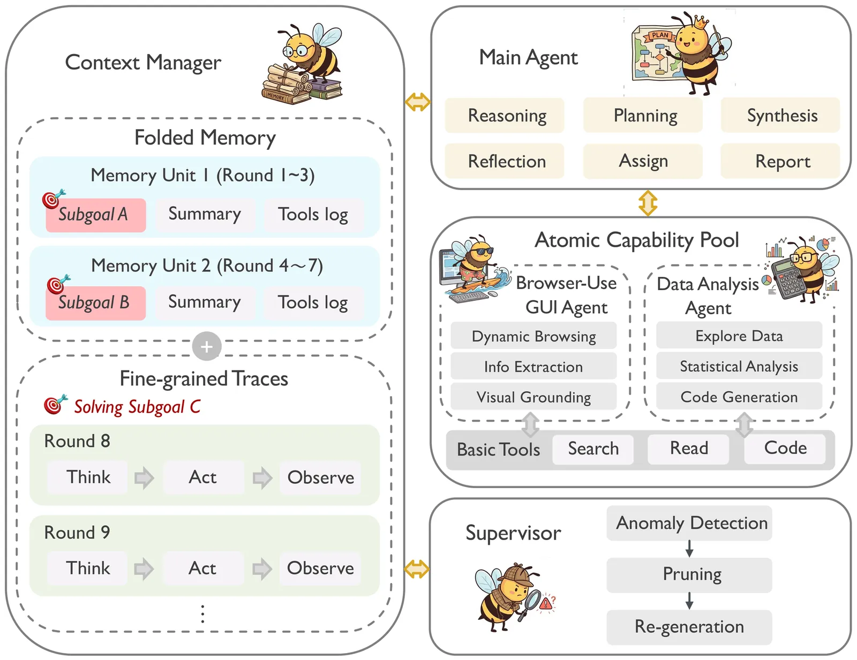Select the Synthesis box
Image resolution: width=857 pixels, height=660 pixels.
coord(780,116)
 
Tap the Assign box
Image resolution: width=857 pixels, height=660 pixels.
coord(643,161)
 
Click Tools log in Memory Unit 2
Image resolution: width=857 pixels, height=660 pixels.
coord(313,302)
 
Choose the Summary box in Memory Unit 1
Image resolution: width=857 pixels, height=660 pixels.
coord(205,214)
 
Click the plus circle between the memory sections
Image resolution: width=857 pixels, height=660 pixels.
coord(207,347)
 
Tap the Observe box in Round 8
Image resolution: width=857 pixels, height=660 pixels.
coord(320,477)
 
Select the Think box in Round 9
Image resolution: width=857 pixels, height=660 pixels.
coord(88,568)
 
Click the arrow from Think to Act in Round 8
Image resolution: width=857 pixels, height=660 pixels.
coord(144,477)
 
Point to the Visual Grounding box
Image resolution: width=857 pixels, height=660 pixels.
coord(533,397)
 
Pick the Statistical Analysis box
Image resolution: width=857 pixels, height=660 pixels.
coord(739,367)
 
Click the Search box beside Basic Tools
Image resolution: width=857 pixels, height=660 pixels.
coord(593,449)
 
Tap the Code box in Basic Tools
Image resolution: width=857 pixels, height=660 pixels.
coord(785,448)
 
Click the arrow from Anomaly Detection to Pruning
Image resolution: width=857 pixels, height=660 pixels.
coord(689,548)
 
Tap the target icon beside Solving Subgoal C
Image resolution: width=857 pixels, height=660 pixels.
coord(54,405)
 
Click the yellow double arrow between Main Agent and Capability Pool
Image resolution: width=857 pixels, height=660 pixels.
coord(648,203)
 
